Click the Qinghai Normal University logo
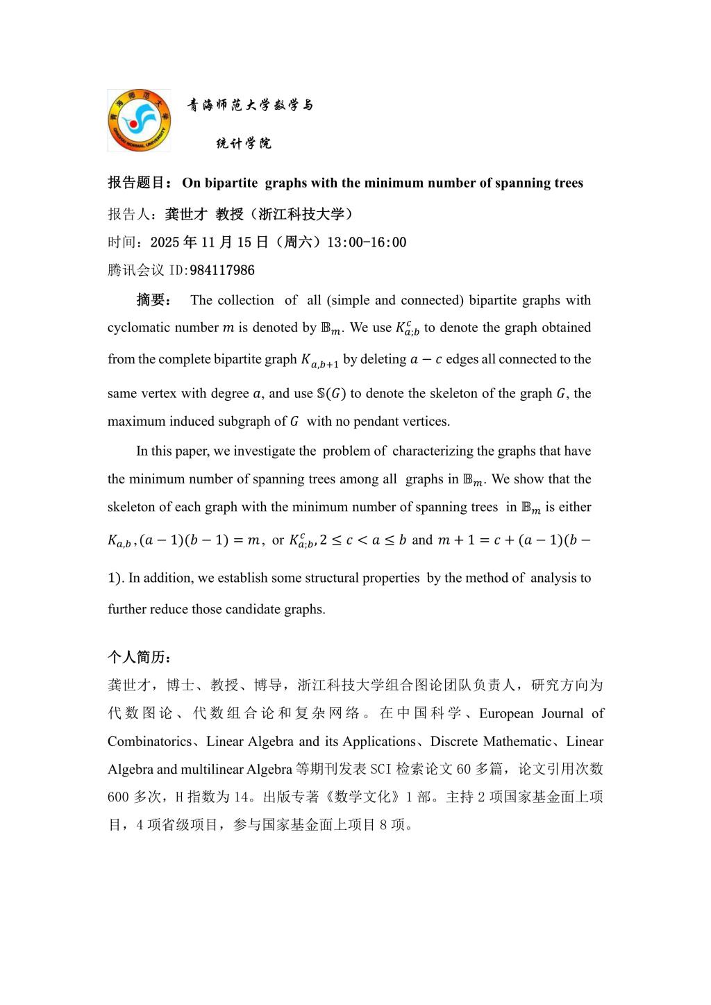click(139, 120)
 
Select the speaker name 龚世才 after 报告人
click(187, 214)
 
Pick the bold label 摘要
click(151, 300)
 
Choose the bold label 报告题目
click(135, 183)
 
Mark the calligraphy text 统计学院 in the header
click(244, 144)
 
